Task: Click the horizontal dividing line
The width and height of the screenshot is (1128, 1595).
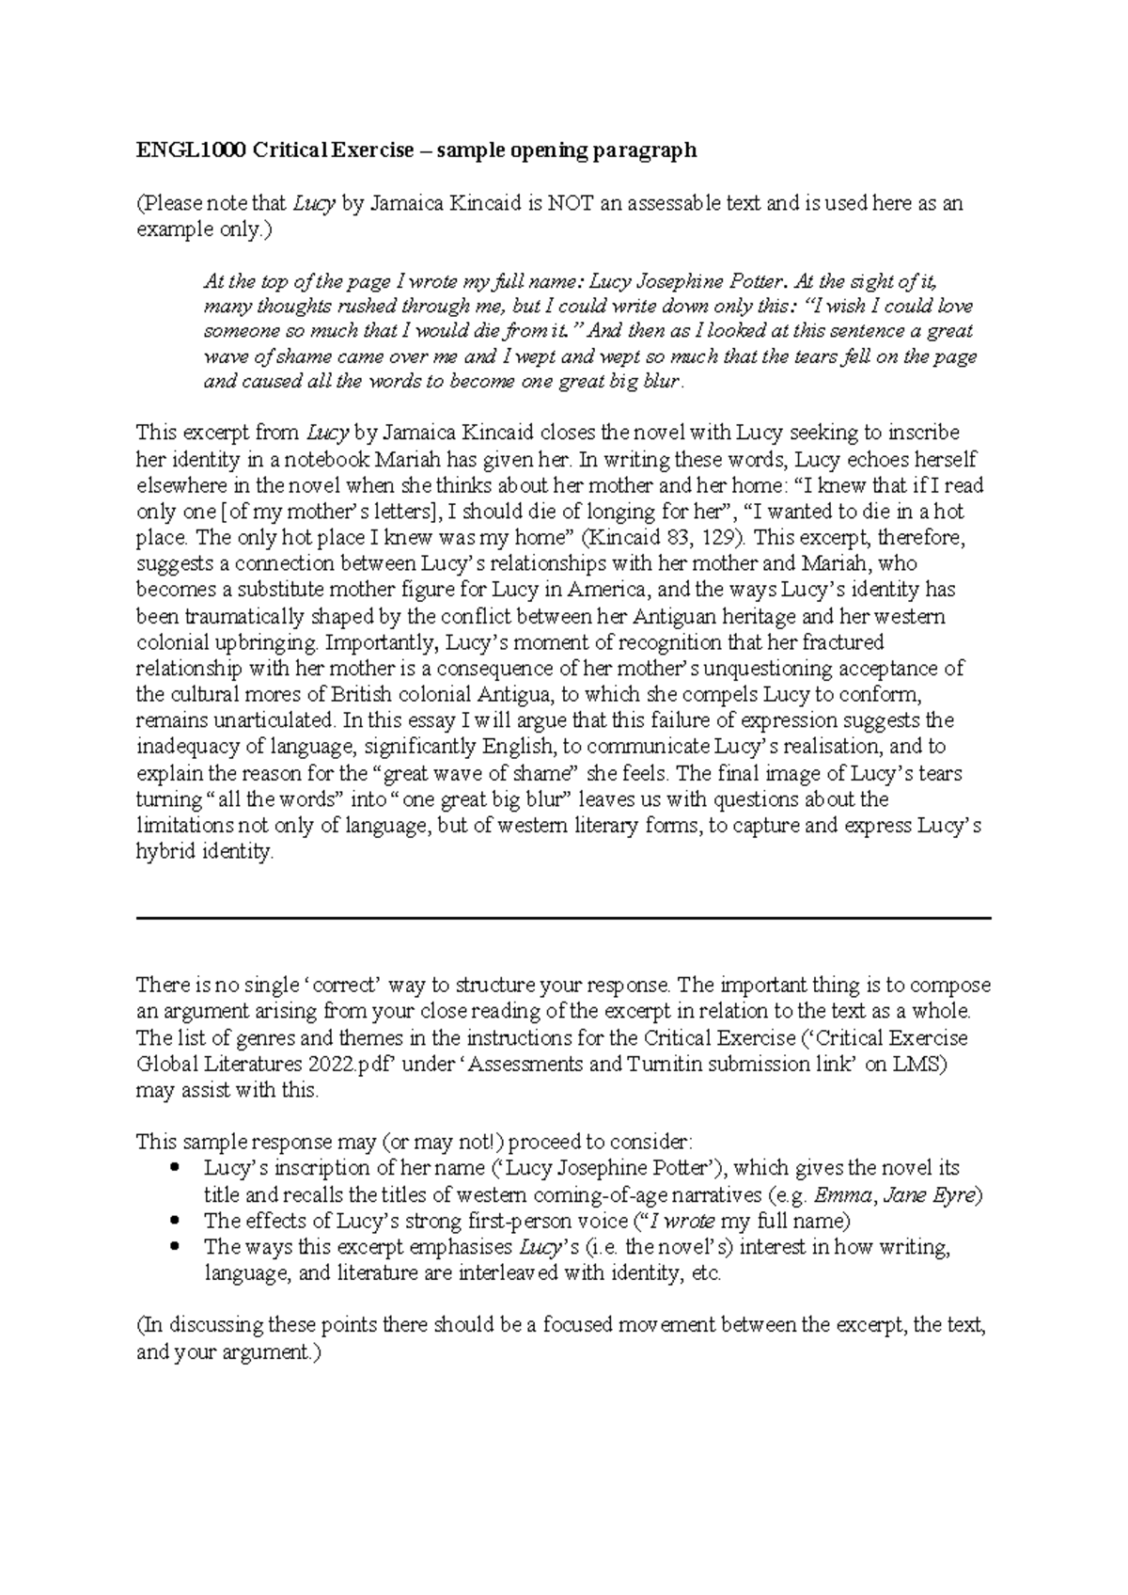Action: click(564, 918)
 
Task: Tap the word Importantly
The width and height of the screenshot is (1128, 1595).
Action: click(380, 643)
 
